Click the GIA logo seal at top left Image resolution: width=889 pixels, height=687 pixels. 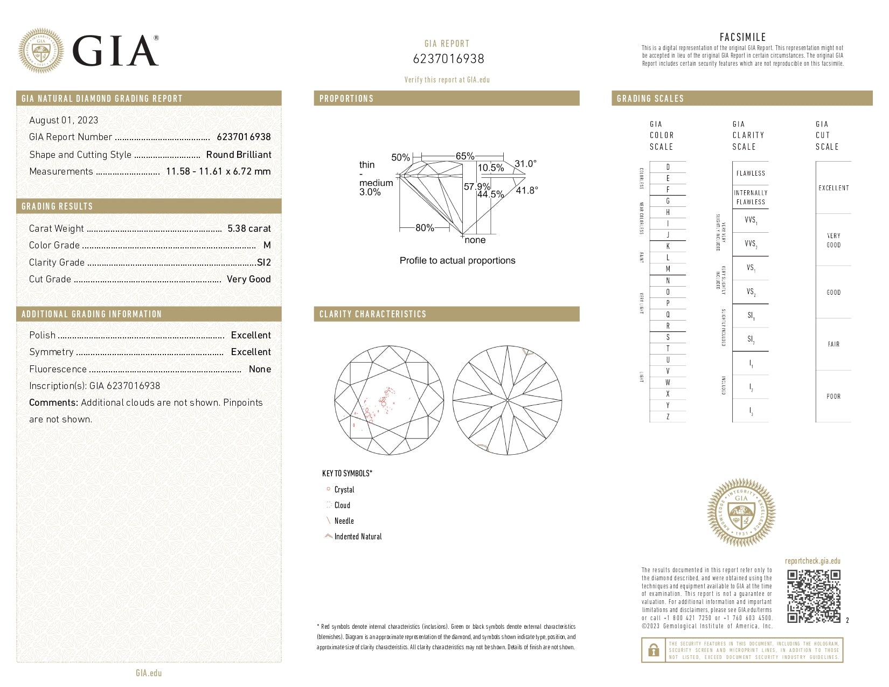pos(40,51)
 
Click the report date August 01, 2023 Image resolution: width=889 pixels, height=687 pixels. pos(64,120)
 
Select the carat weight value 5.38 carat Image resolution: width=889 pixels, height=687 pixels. pos(249,228)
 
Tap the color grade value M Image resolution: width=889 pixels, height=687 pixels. pos(267,245)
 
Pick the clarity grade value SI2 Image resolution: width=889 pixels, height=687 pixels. pos(263,262)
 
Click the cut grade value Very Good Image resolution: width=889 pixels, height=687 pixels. pos(248,279)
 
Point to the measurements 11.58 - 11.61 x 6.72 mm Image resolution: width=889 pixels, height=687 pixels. pos(218,171)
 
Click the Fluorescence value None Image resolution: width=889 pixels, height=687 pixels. pos(260,369)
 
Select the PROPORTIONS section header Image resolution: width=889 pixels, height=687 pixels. pos(346,99)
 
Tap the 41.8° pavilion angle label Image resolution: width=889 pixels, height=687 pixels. pos(526,190)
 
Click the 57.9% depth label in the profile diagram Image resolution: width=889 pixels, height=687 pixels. pos(477,186)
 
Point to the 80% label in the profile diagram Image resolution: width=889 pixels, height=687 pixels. pos(425,228)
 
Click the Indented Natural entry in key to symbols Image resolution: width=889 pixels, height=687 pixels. pos(357,537)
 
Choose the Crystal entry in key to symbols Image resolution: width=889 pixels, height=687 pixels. pos(344,490)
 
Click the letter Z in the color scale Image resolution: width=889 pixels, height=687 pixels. pos(668,417)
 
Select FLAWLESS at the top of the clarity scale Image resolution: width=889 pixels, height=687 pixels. pos(751,174)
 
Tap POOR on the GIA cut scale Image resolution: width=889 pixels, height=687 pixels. pos(833,397)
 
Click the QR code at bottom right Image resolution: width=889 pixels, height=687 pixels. pos(814,596)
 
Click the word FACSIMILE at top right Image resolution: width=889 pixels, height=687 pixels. pos(742,37)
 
